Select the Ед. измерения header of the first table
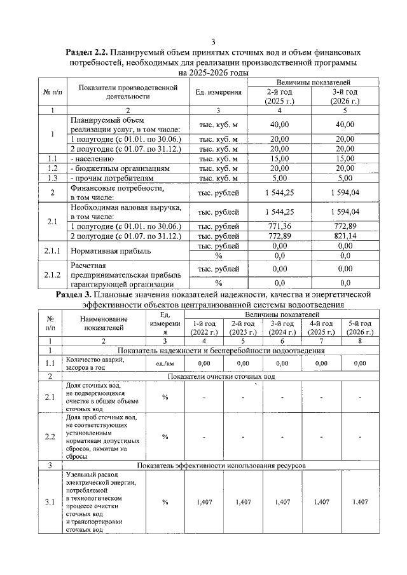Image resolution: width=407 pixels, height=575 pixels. tap(219, 92)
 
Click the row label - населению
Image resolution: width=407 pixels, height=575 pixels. tap(92, 158)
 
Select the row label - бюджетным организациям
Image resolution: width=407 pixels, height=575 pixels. tap(120, 169)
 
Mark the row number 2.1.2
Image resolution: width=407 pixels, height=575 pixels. tap(52, 275)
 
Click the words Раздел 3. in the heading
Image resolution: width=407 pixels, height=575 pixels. tap(75, 295)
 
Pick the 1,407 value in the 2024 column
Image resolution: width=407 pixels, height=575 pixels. tap(282, 502)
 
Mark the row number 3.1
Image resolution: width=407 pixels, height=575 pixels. tap(50, 503)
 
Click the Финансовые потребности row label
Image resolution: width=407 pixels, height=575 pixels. tap(108, 193)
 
